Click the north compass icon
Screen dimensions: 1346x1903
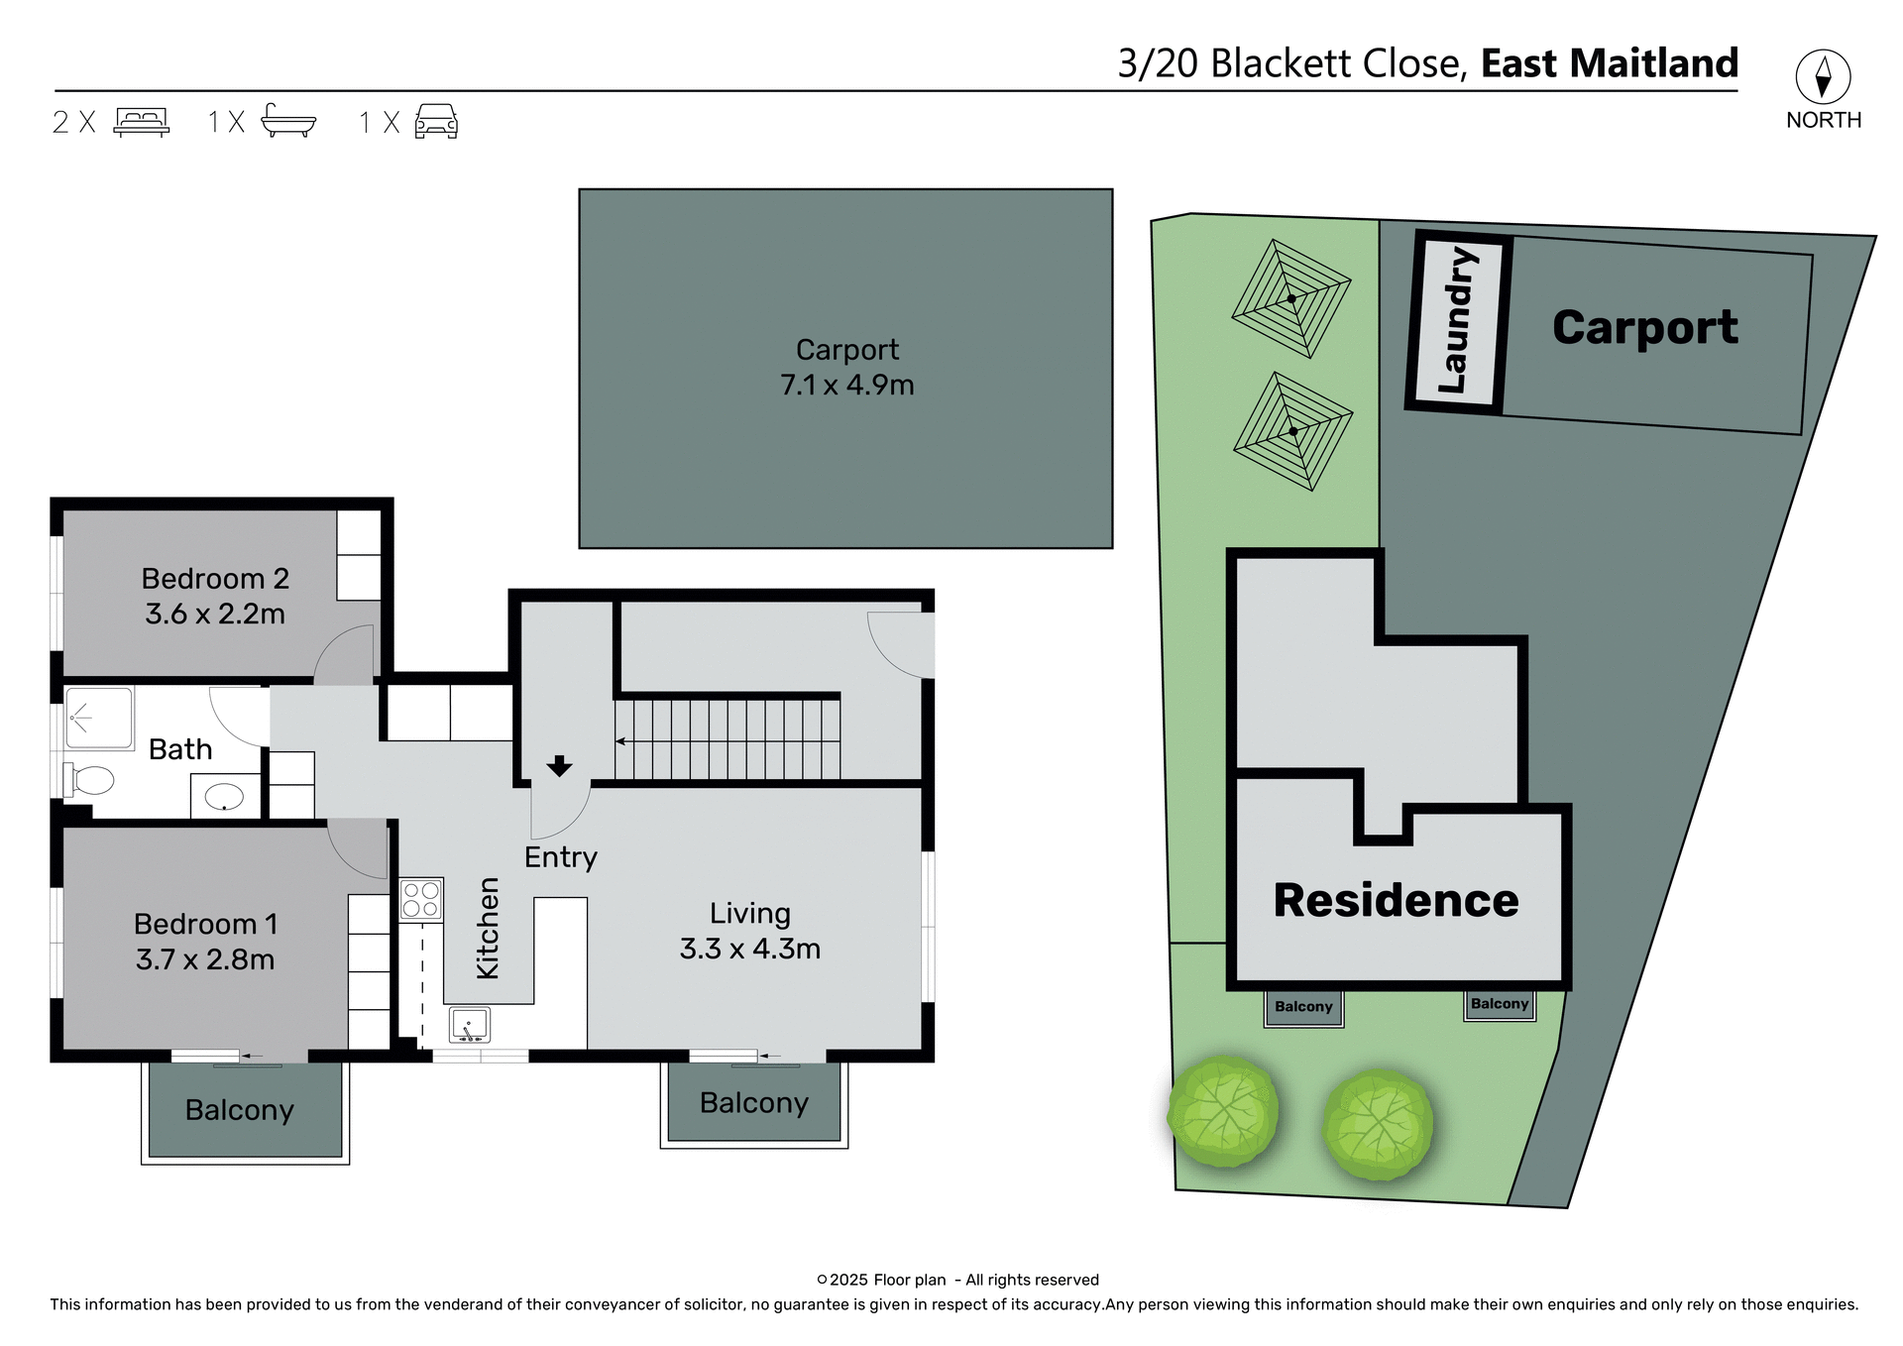point(1822,76)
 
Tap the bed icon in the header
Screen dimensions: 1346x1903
point(142,121)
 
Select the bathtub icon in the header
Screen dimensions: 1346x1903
point(287,120)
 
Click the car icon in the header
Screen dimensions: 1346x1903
point(436,121)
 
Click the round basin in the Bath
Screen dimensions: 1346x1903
point(225,796)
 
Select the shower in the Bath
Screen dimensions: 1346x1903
point(99,718)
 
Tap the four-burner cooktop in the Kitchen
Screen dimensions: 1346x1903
point(420,900)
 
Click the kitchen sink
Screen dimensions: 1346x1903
point(469,1024)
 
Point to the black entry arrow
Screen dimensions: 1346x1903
point(559,765)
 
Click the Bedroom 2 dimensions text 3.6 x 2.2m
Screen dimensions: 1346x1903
point(215,615)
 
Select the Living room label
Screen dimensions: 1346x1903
point(749,913)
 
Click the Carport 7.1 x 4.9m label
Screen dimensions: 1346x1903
point(846,368)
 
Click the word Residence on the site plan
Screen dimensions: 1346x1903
point(1396,900)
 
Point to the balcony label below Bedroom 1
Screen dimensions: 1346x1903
point(240,1110)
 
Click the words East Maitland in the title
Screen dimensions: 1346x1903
point(1609,63)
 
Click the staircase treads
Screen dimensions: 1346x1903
point(728,739)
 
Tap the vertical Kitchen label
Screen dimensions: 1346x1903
point(488,929)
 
